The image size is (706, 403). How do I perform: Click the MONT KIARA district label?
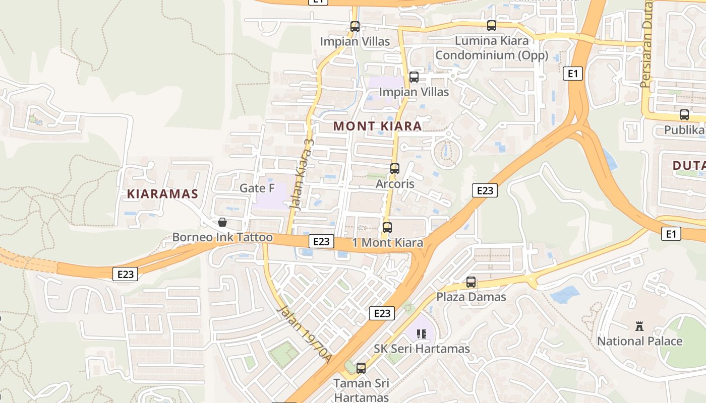pyautogui.click(x=377, y=126)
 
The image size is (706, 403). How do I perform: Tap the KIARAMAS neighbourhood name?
pyautogui.click(x=162, y=194)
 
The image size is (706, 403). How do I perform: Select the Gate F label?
pyautogui.click(x=257, y=188)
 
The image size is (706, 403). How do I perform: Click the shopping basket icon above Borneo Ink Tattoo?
pyautogui.click(x=222, y=222)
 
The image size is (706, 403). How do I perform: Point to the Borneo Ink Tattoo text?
pyautogui.click(x=222, y=237)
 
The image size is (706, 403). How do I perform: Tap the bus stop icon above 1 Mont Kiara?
pyautogui.click(x=387, y=228)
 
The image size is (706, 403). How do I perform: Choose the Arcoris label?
pyautogui.click(x=395, y=184)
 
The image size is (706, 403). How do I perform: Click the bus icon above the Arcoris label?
pyautogui.click(x=395, y=169)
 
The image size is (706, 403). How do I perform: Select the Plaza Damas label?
pyautogui.click(x=471, y=297)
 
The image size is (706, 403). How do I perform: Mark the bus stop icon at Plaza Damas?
pyautogui.click(x=471, y=282)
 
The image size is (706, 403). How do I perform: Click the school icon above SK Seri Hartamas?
pyautogui.click(x=422, y=333)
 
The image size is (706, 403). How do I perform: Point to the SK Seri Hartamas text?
pyautogui.click(x=422, y=349)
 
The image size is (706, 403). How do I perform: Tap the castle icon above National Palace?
pyautogui.click(x=639, y=326)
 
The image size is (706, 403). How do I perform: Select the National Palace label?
pyautogui.click(x=639, y=342)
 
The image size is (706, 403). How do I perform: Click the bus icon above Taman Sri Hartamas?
pyautogui.click(x=361, y=368)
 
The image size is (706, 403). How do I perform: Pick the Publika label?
pyautogui.click(x=684, y=130)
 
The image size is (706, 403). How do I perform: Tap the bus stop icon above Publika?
pyautogui.click(x=684, y=115)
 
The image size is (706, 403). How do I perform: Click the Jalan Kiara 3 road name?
pyautogui.click(x=302, y=174)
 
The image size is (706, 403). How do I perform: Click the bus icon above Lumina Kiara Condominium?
pyautogui.click(x=492, y=26)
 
